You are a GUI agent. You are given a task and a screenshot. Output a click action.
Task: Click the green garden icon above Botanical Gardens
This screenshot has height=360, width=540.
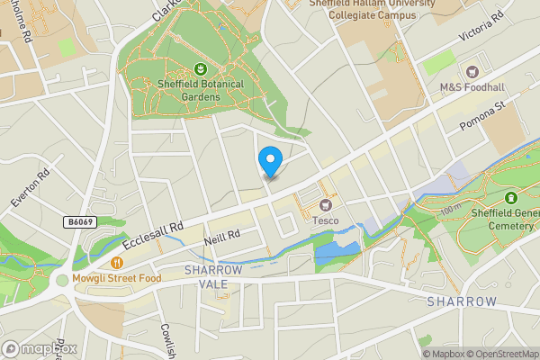click(199, 68)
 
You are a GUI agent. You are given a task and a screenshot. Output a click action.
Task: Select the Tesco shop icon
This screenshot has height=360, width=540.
click(325, 204)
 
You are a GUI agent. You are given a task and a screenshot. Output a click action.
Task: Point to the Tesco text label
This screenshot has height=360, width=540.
click(325, 220)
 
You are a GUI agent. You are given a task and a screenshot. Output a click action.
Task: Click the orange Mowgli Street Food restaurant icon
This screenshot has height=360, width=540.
click(118, 263)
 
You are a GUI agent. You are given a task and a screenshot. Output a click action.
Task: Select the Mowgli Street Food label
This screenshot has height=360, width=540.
click(118, 279)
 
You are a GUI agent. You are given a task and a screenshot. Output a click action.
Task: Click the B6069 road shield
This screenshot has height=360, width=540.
click(80, 220)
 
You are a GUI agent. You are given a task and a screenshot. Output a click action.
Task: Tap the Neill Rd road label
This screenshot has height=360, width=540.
click(221, 235)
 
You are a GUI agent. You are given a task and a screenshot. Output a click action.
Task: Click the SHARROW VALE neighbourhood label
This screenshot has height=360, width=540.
click(213, 276)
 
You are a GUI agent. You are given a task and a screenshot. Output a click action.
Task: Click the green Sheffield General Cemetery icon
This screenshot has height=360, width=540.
click(511, 197)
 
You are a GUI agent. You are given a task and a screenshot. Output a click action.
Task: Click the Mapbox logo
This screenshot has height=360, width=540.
click(40, 348)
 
